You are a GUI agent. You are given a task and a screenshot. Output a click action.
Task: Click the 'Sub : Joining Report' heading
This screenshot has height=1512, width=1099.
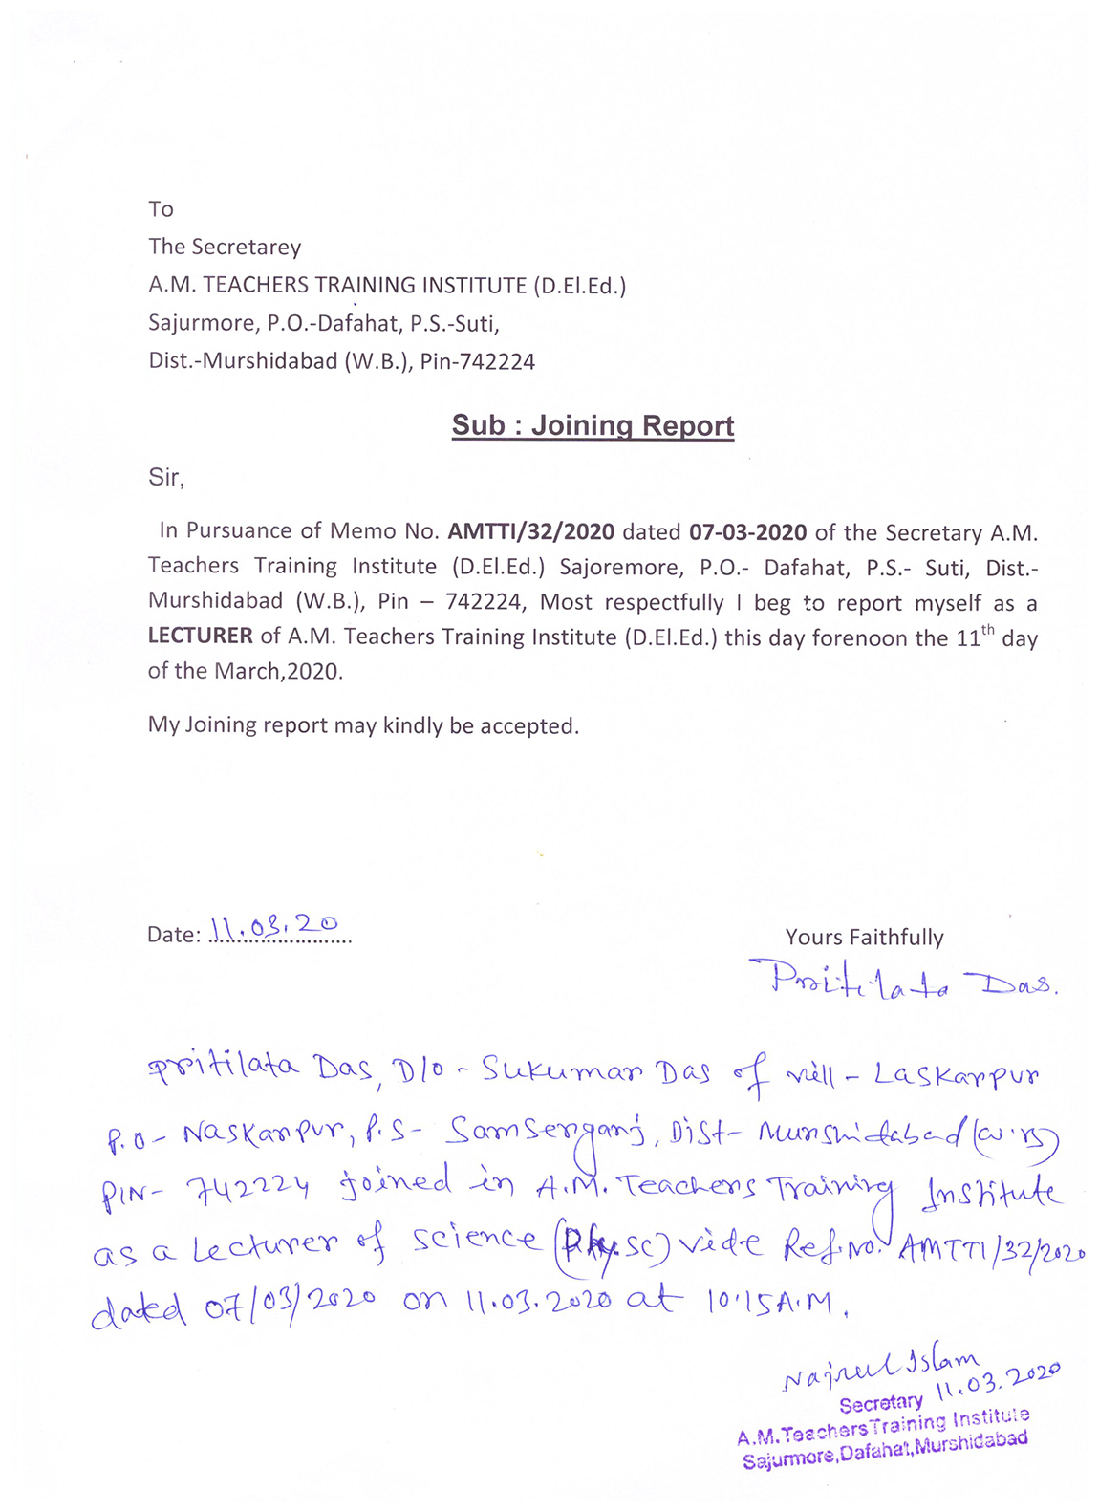(593, 425)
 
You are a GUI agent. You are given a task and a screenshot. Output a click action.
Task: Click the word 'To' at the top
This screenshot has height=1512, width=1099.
(161, 209)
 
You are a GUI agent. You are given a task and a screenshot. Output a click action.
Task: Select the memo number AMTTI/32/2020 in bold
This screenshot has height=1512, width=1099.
(531, 531)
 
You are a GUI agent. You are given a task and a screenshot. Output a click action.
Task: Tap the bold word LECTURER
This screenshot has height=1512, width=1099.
(200, 636)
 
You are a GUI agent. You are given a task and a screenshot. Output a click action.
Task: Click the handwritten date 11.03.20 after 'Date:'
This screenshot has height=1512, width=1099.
(273, 926)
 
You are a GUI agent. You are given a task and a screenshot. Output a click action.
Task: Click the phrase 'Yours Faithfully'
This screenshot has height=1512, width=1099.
(864, 938)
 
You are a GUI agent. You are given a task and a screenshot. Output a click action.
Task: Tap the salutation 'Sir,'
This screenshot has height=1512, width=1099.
(165, 478)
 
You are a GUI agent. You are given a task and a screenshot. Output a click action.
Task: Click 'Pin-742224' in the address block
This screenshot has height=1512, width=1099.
(477, 362)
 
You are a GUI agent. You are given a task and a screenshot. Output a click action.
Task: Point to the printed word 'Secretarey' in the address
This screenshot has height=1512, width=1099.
(246, 248)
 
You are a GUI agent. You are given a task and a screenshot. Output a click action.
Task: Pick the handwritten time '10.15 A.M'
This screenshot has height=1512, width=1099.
(775, 1301)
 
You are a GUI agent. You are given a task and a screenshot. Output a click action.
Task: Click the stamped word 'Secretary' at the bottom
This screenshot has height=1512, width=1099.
(881, 1403)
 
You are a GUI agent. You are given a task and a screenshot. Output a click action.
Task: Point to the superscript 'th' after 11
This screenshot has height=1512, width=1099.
(988, 628)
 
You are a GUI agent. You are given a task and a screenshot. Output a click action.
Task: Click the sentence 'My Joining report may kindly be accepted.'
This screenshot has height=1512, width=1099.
(363, 725)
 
